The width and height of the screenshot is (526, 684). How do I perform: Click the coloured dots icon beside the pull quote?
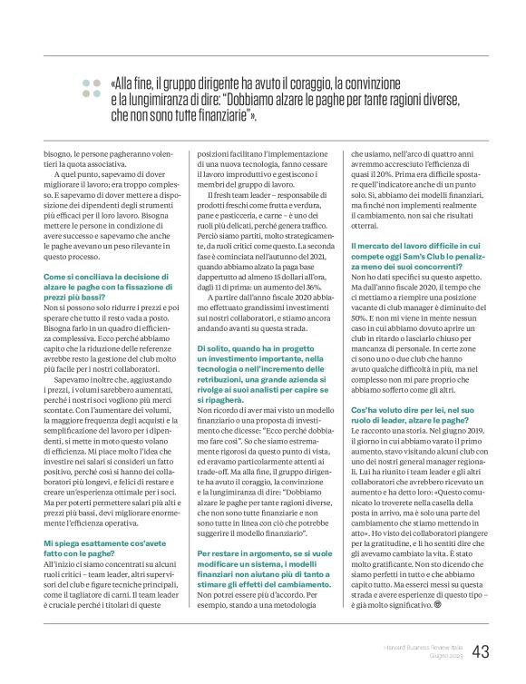point(92,87)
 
